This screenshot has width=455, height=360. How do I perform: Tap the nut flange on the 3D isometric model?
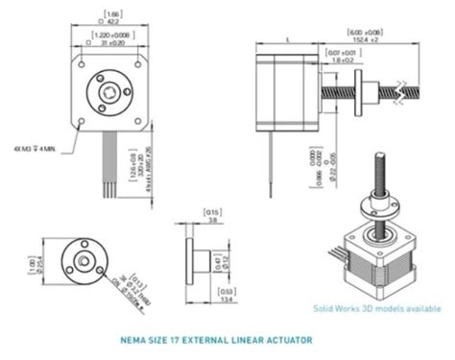tap(377, 204)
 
